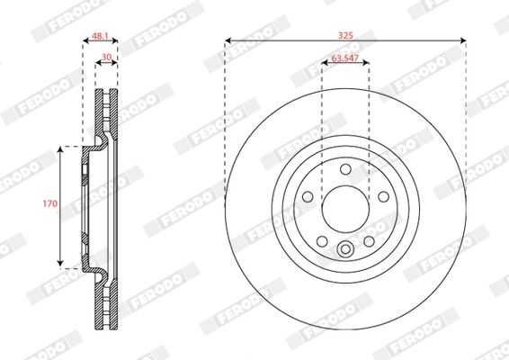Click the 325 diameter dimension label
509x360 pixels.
click(x=345, y=35)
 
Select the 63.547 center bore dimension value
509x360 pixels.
click(x=345, y=58)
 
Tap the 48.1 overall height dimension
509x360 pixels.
click(x=101, y=36)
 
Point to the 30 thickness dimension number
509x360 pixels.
click(x=106, y=57)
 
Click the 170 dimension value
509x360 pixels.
click(x=50, y=203)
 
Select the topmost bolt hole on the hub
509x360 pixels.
click(x=345, y=169)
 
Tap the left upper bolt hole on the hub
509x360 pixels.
click(x=308, y=196)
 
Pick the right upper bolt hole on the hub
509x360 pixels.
click(x=383, y=196)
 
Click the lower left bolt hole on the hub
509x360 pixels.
click(x=322, y=241)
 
